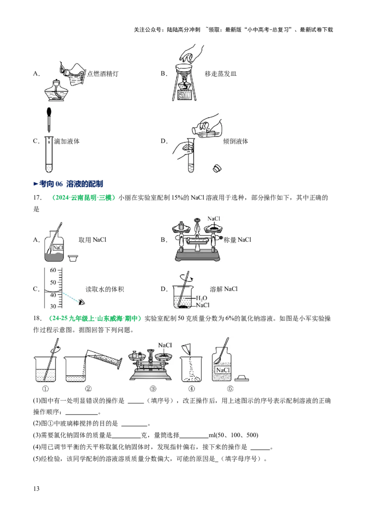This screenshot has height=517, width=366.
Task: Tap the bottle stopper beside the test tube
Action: point(217,168)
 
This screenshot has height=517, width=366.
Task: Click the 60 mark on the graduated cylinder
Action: point(53,270)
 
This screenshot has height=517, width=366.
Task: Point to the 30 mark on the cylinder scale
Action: point(53,306)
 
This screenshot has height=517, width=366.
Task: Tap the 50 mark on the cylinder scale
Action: point(53,282)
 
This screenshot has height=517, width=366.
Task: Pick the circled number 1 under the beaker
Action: point(45,389)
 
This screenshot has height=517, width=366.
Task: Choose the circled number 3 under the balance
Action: point(153,389)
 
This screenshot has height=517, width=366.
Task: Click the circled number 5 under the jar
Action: point(230,389)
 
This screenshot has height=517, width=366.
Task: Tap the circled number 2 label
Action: point(88,389)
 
